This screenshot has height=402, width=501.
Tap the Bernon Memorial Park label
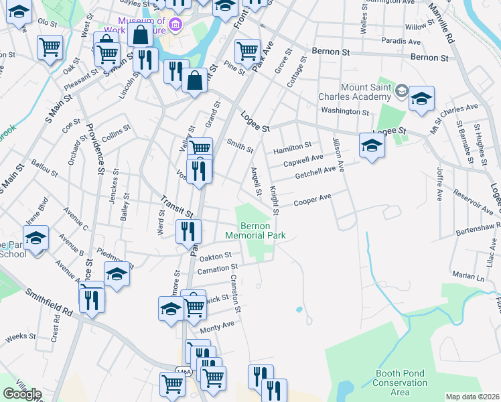pyautogui.click(x=255, y=230)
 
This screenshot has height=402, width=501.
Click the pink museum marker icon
pyautogui.click(x=175, y=25)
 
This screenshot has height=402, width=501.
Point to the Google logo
pyautogui.click(x=22, y=394)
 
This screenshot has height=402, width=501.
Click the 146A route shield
pyautogui.click(x=184, y=371)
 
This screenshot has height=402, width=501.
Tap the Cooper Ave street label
pyautogui.click(x=313, y=200)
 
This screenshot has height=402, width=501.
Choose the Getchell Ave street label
pyautogui.click(x=316, y=174)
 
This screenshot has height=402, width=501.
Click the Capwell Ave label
pyautogui.click(x=303, y=159)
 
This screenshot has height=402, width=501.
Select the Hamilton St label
pyautogui.click(x=293, y=145)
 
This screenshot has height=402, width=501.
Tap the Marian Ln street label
pyautogui.click(x=468, y=275)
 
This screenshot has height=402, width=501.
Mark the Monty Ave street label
pyautogui.click(x=217, y=325)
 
